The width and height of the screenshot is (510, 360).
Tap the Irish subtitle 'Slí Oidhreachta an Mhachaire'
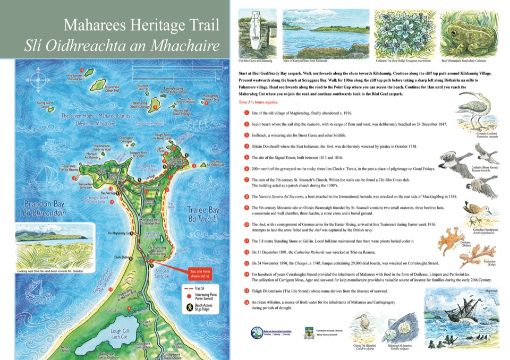tap(122, 46)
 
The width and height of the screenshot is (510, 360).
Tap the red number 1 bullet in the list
tap(246, 113)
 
